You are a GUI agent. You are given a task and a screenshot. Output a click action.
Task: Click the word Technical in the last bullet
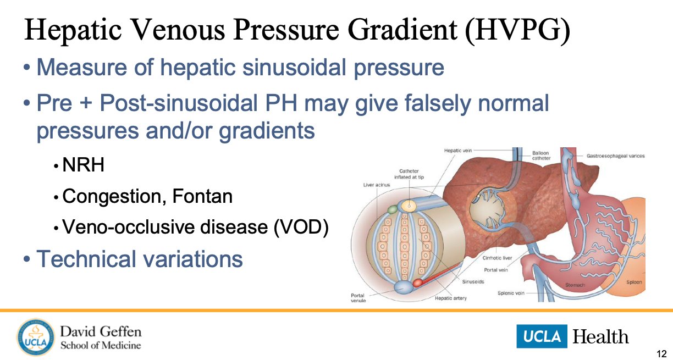[x=93, y=259]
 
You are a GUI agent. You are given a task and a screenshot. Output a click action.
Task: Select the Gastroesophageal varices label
[x=615, y=156]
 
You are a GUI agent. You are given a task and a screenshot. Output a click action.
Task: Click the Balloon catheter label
[x=542, y=156]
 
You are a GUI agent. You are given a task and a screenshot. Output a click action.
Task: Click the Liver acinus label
[x=377, y=185]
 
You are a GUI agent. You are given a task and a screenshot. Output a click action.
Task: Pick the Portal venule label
[x=357, y=298]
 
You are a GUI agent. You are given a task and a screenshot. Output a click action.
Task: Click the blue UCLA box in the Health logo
[x=542, y=336]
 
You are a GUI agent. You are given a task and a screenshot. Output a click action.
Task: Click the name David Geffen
[x=101, y=332]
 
